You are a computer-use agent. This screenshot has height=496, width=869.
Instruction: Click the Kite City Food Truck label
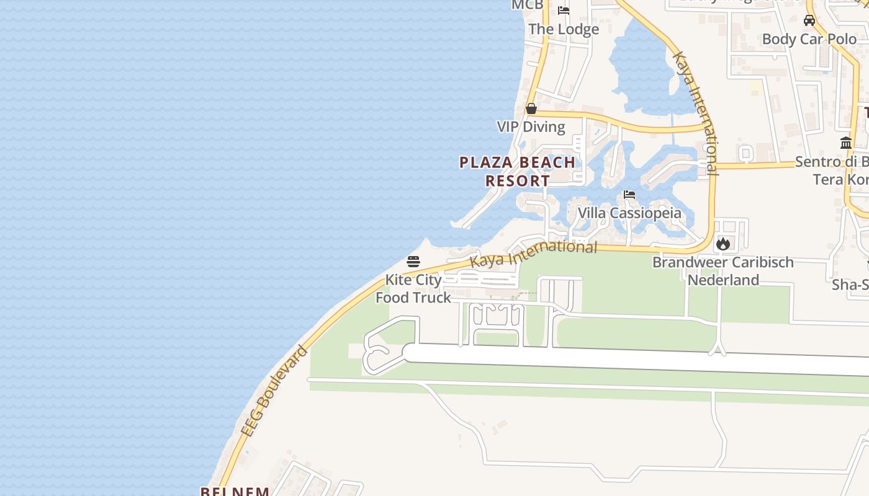point(413,289)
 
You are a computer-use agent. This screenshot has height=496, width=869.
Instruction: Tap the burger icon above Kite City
point(413,262)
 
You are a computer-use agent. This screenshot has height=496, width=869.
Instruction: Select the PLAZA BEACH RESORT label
point(517,172)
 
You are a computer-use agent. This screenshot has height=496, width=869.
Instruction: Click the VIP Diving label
point(531,127)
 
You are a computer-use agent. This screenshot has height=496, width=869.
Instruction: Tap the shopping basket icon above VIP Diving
point(531,108)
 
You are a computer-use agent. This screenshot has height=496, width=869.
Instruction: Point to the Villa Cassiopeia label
point(629,213)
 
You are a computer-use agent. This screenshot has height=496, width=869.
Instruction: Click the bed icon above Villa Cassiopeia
point(629,195)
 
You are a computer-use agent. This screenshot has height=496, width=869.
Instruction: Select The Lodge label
point(564,29)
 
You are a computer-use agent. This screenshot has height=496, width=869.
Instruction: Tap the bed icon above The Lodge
point(564,10)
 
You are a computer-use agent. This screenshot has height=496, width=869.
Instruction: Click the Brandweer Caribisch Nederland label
point(723,271)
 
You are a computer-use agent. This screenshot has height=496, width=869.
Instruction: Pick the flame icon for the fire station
point(723,244)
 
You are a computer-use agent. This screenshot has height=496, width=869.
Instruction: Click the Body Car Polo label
point(809,39)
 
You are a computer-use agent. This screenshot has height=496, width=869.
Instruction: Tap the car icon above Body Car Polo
point(809,20)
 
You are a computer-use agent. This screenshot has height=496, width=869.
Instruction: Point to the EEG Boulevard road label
point(274,392)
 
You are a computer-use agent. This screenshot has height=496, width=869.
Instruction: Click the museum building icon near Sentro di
point(846,143)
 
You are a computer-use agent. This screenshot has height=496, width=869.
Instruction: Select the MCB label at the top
point(528,5)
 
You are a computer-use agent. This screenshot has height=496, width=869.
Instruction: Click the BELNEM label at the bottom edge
point(235,492)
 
